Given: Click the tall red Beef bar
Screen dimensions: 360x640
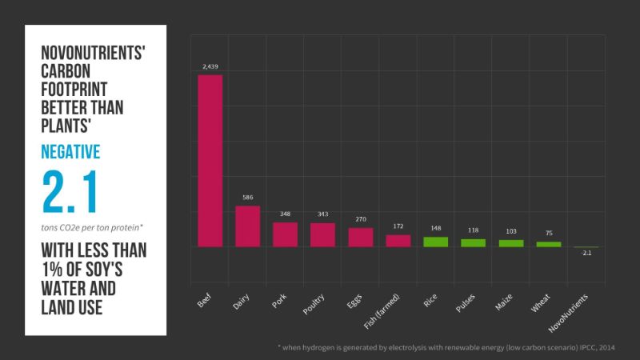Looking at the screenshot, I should pyautogui.click(x=210, y=160).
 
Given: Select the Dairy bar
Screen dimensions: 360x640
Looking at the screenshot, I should pyautogui.click(x=247, y=226).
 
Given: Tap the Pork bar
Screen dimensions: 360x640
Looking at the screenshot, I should pyautogui.click(x=285, y=234).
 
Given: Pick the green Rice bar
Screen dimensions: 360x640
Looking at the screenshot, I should pyautogui.click(x=435, y=242).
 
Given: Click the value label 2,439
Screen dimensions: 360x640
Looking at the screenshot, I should pyautogui.click(x=210, y=67).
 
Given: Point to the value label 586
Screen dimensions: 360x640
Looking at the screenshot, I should pyautogui.click(x=247, y=198).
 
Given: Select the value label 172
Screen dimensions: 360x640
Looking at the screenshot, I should pyautogui.click(x=398, y=226).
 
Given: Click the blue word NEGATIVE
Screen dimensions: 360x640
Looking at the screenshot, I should pyautogui.click(x=71, y=152).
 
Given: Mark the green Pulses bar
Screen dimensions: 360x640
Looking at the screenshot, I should pyautogui.click(x=473, y=242).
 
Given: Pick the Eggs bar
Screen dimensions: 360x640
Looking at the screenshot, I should pyautogui.click(x=360, y=237).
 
